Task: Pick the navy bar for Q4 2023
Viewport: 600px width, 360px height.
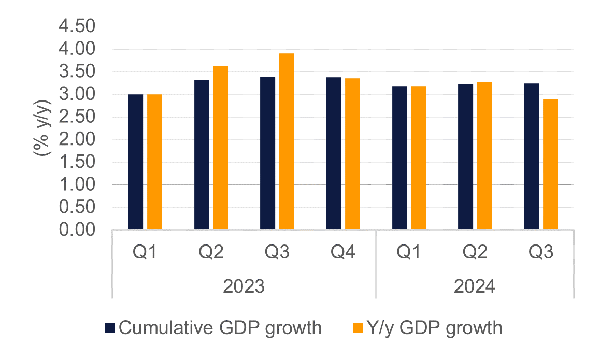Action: (333, 153)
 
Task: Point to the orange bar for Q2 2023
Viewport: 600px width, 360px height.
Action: (220, 147)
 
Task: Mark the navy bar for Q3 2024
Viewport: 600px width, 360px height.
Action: (531, 156)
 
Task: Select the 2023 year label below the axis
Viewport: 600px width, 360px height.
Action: (244, 286)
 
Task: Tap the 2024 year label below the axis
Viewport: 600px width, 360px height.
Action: (474, 286)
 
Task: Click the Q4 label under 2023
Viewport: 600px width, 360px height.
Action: (342, 253)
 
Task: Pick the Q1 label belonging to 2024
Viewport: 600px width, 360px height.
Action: (409, 253)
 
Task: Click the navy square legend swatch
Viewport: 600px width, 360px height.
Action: (109, 328)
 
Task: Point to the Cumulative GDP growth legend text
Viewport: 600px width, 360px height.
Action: (220, 328)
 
